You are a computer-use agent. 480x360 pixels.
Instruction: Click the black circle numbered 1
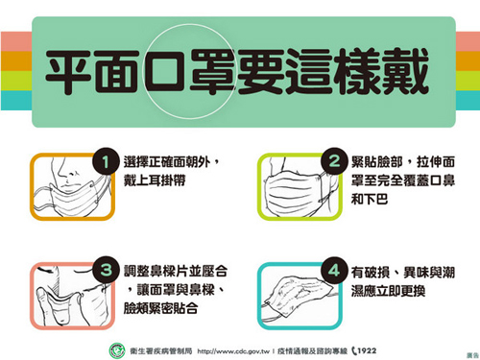(106, 161)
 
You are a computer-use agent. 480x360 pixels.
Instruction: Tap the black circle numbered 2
(334, 161)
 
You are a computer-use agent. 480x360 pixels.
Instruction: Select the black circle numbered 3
(106, 270)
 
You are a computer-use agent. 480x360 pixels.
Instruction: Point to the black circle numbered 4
(334, 270)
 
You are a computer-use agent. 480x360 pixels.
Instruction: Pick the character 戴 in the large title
(405, 71)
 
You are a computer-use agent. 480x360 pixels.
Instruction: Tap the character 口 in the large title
(165, 71)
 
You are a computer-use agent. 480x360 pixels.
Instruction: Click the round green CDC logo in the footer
(117, 350)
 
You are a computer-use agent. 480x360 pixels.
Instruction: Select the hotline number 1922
(367, 350)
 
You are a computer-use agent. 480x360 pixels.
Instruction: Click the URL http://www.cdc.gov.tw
(233, 351)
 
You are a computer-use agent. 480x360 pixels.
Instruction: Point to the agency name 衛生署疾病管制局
(161, 351)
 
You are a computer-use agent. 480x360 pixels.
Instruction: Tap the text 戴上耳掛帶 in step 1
(155, 180)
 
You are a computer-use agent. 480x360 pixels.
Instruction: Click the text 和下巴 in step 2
(370, 199)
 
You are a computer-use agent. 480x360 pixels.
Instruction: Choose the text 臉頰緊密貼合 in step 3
(161, 308)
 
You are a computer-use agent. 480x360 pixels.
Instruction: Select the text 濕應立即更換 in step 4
(388, 291)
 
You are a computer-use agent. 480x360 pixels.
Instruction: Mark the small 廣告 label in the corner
(472, 355)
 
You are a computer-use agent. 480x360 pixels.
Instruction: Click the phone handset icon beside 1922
(354, 351)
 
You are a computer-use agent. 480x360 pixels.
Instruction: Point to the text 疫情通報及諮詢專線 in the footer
(312, 351)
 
